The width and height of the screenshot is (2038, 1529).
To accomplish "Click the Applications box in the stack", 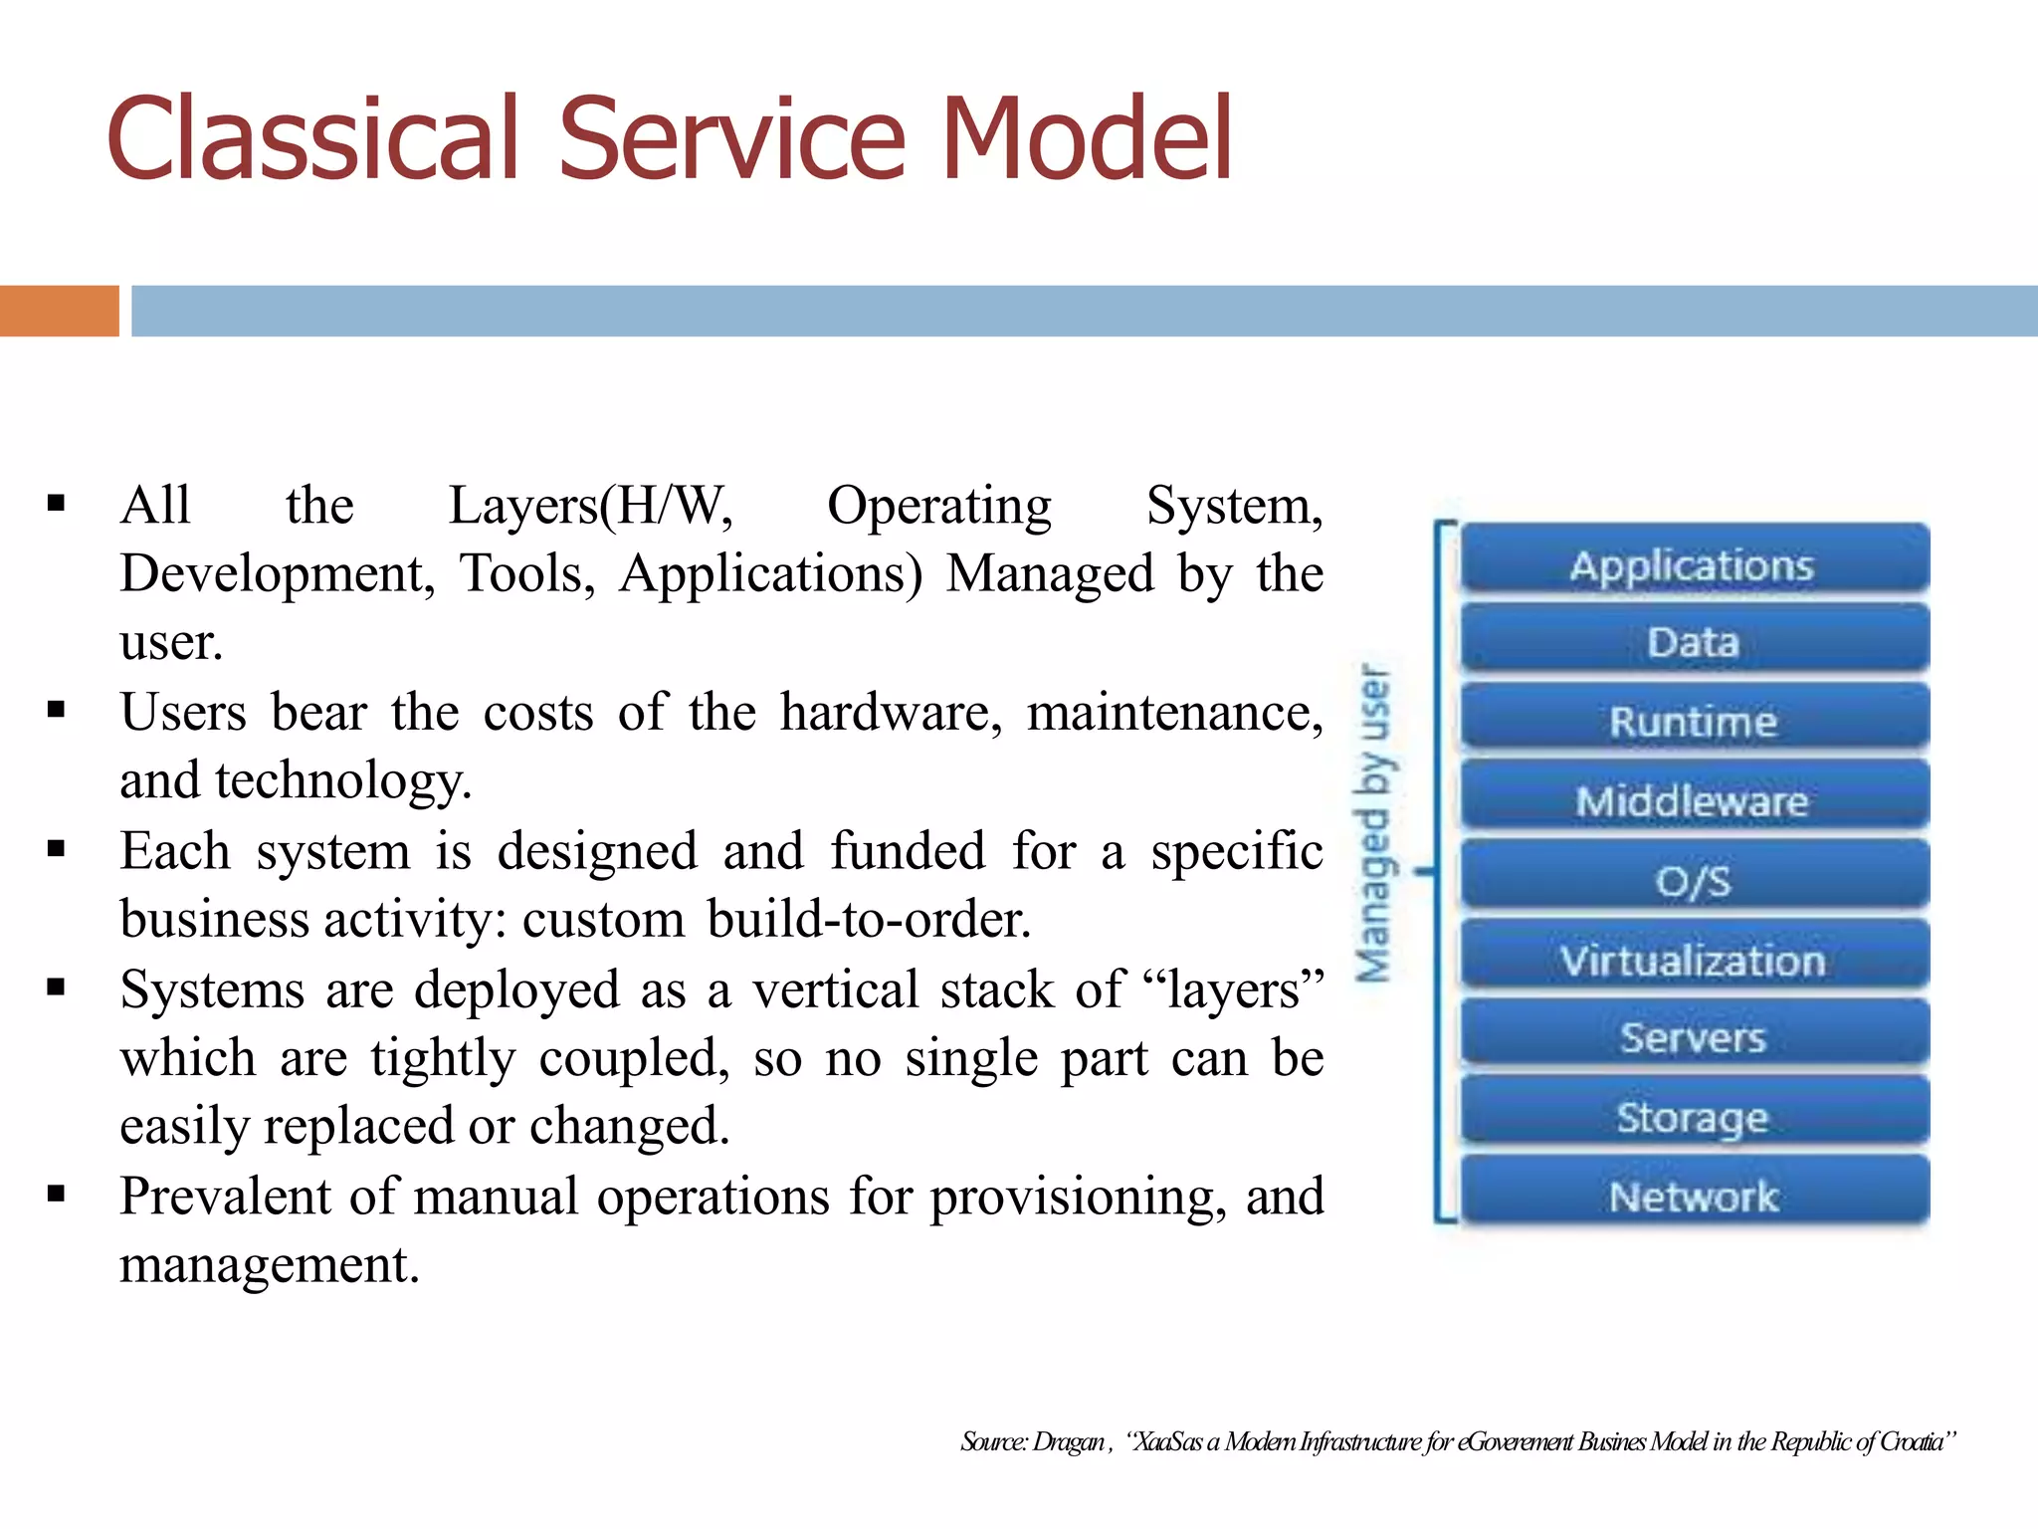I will (1693, 563).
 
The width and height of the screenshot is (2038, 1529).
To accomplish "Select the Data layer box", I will (1693, 642).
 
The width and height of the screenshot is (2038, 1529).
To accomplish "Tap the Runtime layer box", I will (1693, 721).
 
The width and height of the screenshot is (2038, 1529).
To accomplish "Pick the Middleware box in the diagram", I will (1693, 800).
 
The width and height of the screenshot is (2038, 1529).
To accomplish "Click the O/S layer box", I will (1693, 880).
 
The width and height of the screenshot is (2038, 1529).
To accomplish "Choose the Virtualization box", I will (1693, 960).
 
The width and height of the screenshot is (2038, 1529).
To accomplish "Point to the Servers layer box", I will (1693, 1038).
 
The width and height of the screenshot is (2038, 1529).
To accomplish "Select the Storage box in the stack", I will (1693, 1117).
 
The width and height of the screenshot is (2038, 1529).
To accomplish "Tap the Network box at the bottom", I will (1693, 1196).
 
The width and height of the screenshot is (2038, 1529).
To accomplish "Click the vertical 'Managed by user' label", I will (1374, 823).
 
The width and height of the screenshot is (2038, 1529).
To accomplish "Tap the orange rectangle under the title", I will (59, 311).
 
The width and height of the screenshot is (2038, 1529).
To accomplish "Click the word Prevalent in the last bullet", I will (224, 1197).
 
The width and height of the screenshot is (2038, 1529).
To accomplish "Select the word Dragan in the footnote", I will (1069, 1441).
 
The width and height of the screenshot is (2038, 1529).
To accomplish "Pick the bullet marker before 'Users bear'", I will (56, 711).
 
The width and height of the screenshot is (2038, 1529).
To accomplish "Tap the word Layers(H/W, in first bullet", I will (590, 506).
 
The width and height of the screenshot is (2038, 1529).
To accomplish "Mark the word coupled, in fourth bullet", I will (635, 1058).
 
